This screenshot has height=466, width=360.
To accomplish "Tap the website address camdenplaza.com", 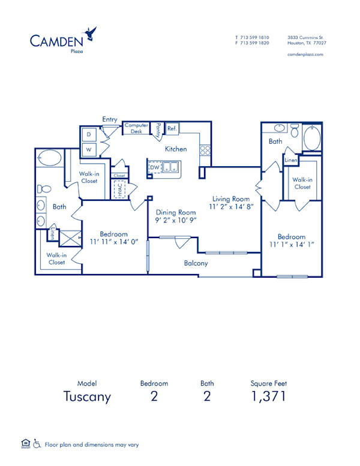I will pos(306,54).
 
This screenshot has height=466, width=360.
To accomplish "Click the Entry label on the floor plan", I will pos(110,119).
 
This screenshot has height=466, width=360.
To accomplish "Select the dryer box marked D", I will pos(88,134).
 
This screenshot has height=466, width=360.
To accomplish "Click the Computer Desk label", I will pos(136,128).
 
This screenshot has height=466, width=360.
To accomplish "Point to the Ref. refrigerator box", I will pos(172,128).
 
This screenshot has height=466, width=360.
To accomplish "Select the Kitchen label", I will pos(176,149).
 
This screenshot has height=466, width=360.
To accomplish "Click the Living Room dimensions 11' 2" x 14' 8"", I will pos(231,207).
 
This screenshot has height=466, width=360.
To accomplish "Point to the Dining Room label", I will pos(176,212).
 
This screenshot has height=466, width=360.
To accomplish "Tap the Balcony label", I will pos(196,263).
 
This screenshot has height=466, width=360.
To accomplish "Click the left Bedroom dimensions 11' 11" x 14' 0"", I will pos(113,242).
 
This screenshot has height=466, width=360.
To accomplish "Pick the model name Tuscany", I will pos(87,396).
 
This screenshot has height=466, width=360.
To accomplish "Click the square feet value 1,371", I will pos(267,396).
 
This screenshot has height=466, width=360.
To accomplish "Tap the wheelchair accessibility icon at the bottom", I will pos(37,444).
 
